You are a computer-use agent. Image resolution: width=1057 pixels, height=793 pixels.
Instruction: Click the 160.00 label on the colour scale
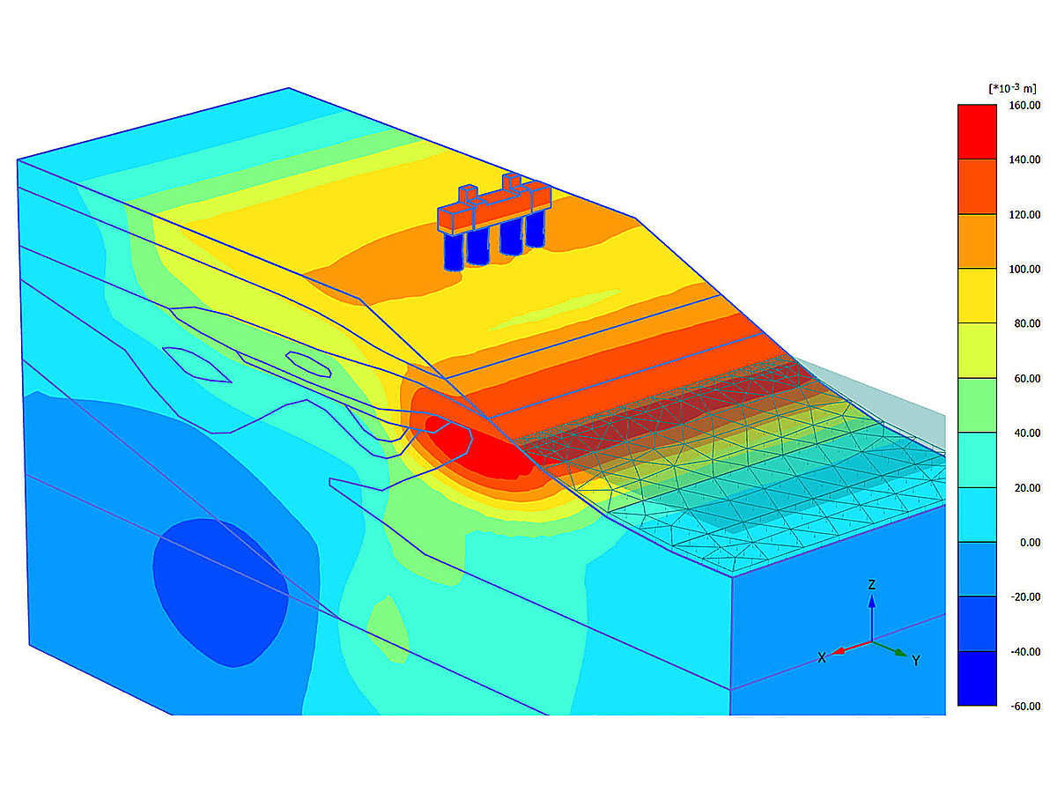pos(1024,106)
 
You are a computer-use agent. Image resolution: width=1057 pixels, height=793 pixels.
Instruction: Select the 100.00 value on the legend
pos(1024,269)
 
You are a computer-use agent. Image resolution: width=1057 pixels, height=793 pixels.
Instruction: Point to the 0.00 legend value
pos(1030,543)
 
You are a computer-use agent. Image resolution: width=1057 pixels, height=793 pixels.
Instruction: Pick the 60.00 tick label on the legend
pos(1027,379)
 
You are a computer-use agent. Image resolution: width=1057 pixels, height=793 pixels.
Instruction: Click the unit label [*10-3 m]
pos(1012,88)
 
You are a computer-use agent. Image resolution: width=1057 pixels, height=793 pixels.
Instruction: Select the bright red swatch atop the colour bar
pos(977,132)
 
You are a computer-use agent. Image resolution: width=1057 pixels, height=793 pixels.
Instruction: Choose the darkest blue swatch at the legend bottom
pos(977,678)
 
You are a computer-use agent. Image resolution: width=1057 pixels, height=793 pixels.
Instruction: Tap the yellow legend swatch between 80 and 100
pos(977,296)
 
